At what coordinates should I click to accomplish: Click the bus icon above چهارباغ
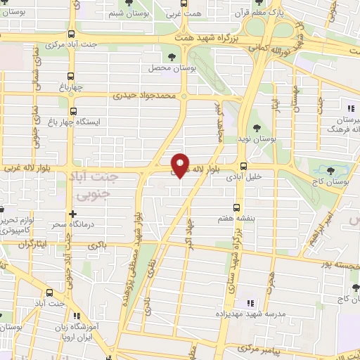tap(70, 77)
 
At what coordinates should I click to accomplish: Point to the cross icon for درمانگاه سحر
tap(72, 212)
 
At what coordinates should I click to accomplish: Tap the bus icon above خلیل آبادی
tap(243, 167)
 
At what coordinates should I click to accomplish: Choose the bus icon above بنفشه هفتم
tap(237, 207)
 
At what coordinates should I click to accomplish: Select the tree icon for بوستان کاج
tap(330, 170)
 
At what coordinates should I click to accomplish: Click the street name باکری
tap(96, 245)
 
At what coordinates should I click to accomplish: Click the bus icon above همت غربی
tap(171, 4)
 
